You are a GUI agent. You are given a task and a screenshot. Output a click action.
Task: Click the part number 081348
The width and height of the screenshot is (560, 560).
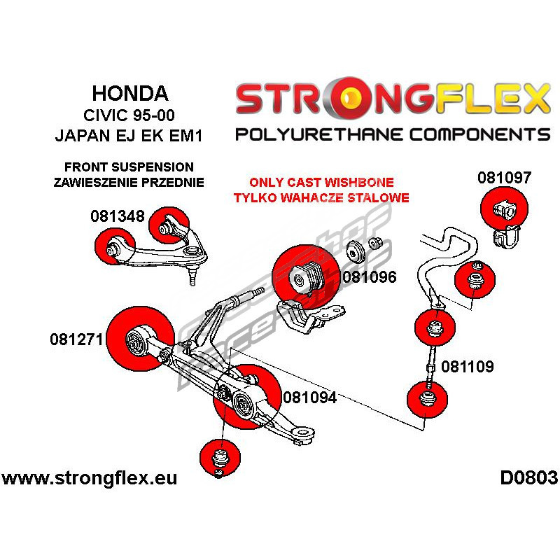point(117,216)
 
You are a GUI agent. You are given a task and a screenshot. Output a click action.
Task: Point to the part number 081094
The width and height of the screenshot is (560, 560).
point(310,398)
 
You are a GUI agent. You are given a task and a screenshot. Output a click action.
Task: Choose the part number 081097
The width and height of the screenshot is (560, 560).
point(505,178)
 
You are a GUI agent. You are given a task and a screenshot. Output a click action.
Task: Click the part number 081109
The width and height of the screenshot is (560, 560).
point(468,365)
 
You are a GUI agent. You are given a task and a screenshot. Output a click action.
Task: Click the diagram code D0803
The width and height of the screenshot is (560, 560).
point(528,479)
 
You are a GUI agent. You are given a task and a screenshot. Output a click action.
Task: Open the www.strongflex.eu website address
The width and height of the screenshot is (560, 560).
point(89,479)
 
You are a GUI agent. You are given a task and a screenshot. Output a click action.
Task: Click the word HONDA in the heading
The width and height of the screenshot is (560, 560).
point(131,94)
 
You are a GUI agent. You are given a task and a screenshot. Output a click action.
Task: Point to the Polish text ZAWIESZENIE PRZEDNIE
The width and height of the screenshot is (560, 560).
point(128,183)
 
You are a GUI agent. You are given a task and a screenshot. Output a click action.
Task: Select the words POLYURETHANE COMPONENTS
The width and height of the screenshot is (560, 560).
point(393,134)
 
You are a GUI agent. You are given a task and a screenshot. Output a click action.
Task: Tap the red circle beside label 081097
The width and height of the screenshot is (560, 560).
point(505,208)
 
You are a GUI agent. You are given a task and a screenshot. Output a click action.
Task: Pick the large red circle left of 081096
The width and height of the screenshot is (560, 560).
point(300,278)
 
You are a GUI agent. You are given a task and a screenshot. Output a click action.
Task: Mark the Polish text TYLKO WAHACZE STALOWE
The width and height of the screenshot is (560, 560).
point(321,198)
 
